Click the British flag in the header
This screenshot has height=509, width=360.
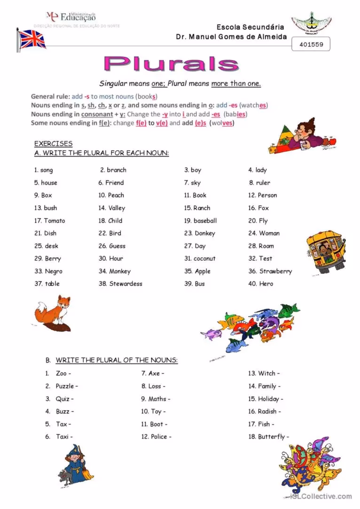(x=31, y=39)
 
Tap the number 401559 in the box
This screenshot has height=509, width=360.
(x=311, y=45)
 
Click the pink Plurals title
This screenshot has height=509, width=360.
(x=172, y=64)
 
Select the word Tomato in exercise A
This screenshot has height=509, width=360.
(x=55, y=221)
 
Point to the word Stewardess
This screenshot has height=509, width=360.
(x=125, y=284)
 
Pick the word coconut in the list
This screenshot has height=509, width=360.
(x=204, y=258)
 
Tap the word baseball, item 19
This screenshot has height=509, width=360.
(x=205, y=221)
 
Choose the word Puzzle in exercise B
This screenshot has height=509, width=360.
(x=65, y=386)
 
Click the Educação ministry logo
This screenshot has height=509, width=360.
(x=70, y=17)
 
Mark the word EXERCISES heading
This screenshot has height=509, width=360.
(x=53, y=144)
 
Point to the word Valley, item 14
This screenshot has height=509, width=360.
(x=117, y=208)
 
